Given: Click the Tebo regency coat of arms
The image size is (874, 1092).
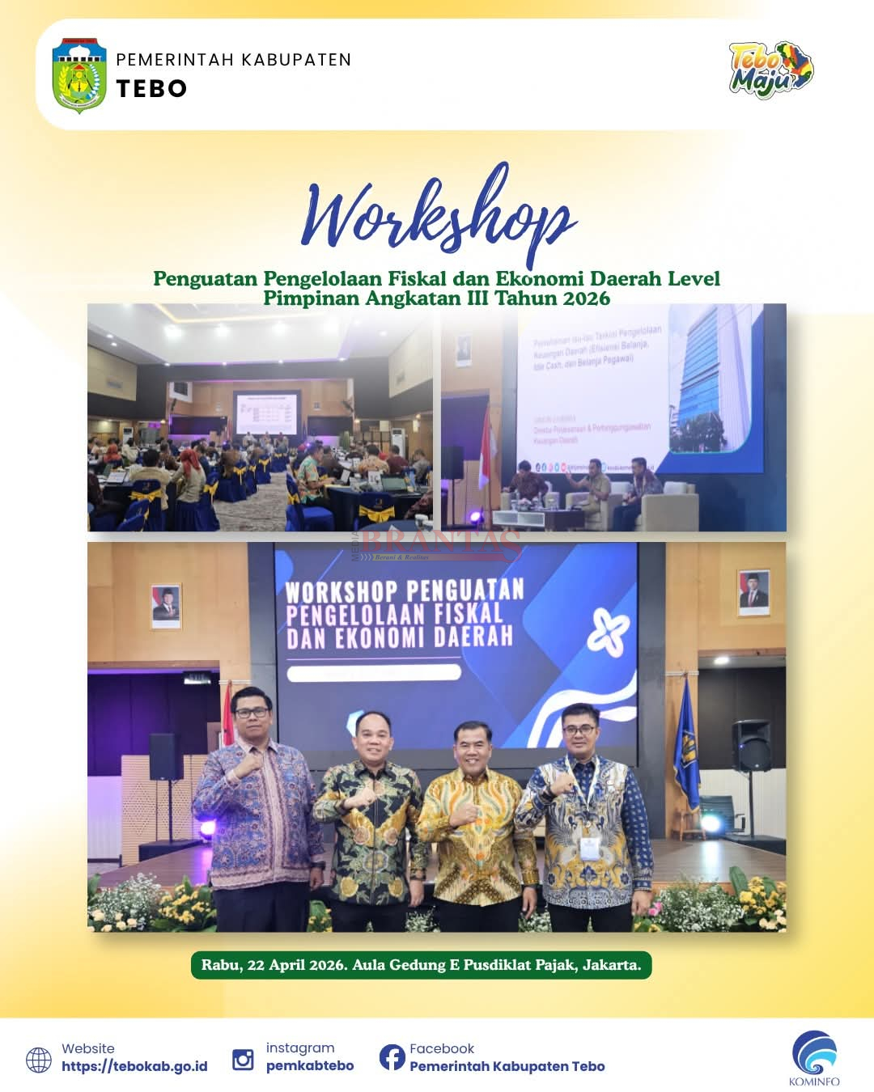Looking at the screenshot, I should click(78, 75).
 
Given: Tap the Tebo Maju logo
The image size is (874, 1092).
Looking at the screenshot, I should click(770, 70).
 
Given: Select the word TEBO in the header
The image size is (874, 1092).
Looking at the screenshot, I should click(151, 89).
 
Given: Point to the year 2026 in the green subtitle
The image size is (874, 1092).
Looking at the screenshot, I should click(587, 298).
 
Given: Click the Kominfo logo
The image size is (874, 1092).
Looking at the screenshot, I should click(814, 1056).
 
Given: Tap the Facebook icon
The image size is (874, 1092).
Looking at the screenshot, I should click(392, 1056).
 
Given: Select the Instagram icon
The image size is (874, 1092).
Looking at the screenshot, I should click(243, 1059).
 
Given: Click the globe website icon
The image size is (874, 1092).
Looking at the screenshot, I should click(39, 1060).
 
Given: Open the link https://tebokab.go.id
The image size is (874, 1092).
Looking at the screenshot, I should click(134, 1067).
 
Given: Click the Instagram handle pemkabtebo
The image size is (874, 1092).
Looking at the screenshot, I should click(310, 1066).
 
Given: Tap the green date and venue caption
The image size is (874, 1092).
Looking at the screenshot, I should click(421, 965).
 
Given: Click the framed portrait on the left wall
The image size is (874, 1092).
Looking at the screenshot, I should click(166, 605).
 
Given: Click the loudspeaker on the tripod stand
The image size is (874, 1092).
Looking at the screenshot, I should click(751, 746).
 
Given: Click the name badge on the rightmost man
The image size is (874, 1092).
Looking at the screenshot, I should click(590, 846).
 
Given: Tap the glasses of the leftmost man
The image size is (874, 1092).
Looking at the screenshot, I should click(251, 712).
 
